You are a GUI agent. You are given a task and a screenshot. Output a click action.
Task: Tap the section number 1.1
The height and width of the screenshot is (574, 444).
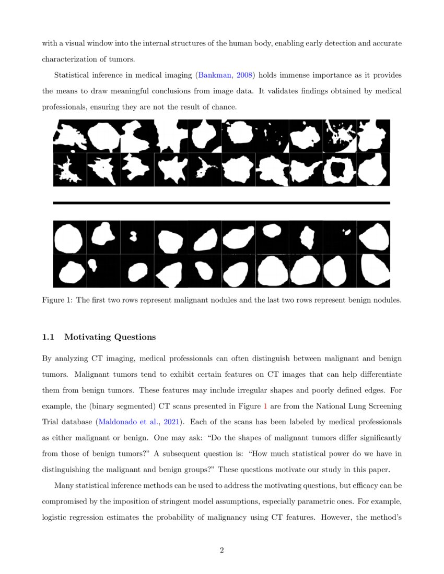[x=48, y=337]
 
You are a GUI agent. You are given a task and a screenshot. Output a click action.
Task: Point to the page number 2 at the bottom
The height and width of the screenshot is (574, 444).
[x=222, y=550]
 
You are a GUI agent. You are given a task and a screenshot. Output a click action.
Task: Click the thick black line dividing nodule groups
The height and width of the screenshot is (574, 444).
[x=221, y=202]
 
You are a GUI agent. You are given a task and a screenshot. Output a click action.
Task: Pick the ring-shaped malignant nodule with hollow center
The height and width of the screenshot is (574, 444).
[x=340, y=170]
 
